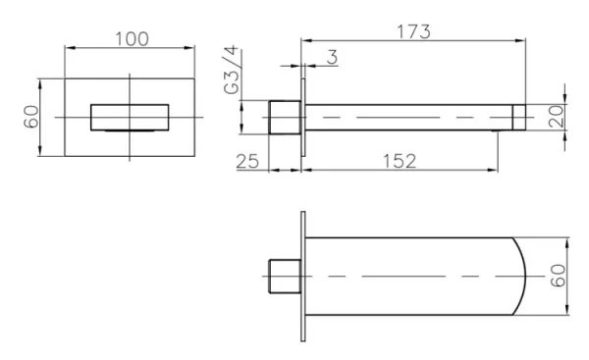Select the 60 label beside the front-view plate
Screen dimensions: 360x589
pyautogui.click(x=31, y=117)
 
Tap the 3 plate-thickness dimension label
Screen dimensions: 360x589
pyautogui.click(x=332, y=58)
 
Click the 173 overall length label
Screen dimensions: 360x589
pyautogui.click(x=413, y=30)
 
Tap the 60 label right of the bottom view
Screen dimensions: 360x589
pyautogui.click(x=558, y=276)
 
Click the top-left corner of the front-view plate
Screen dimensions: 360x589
pyautogui.click(x=65, y=72)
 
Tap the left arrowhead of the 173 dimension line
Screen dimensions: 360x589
pyautogui.click(x=304, y=40)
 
